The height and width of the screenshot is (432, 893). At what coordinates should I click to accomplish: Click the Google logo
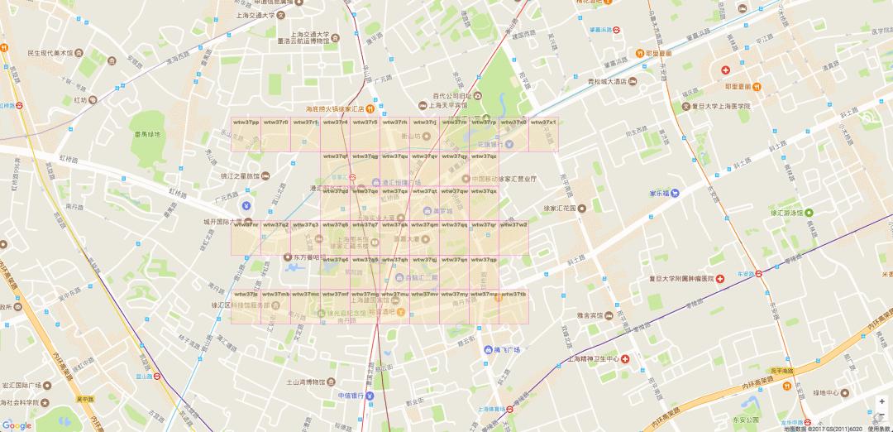(17, 424)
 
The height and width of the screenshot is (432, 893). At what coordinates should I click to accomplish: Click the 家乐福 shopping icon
(676, 193)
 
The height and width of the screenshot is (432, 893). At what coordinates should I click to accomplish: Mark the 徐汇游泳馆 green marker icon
(809, 213)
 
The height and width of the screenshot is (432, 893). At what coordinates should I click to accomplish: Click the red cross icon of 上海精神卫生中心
(626, 359)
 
